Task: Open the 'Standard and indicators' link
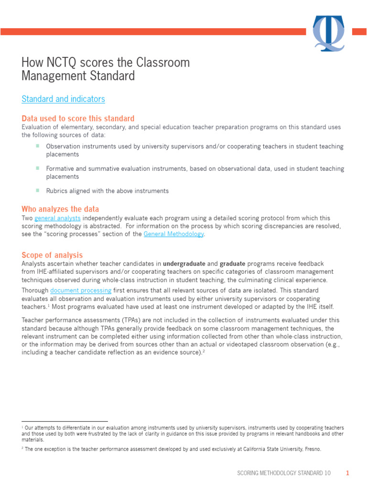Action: [63, 99]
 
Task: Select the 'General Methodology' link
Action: [173, 234]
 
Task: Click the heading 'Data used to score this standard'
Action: [78, 118]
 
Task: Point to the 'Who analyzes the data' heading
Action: [60, 209]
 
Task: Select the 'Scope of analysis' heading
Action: [52, 255]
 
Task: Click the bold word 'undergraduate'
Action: [184, 264]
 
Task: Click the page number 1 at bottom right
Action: [348, 473]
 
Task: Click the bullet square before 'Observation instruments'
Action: [37, 146]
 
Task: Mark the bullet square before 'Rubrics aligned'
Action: [37, 190]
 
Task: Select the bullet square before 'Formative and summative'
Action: [37, 168]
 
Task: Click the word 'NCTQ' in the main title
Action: [59, 63]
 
